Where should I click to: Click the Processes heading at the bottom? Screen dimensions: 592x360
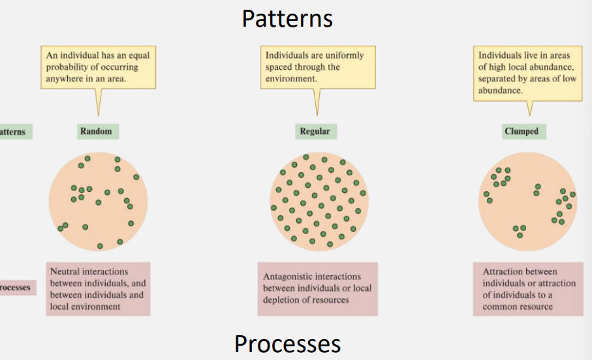(287, 343)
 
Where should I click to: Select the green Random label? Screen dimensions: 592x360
(96, 132)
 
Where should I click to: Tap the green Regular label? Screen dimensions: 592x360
(315, 132)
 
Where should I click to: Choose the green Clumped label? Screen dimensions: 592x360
(522, 132)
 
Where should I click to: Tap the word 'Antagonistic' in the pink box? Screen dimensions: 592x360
(289, 277)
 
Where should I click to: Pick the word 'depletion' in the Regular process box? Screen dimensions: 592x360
(285, 300)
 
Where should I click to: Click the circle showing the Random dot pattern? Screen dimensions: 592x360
(99, 202)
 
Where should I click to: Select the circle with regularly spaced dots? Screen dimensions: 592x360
(319, 202)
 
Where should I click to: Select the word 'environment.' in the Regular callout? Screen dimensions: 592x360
(291, 78)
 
